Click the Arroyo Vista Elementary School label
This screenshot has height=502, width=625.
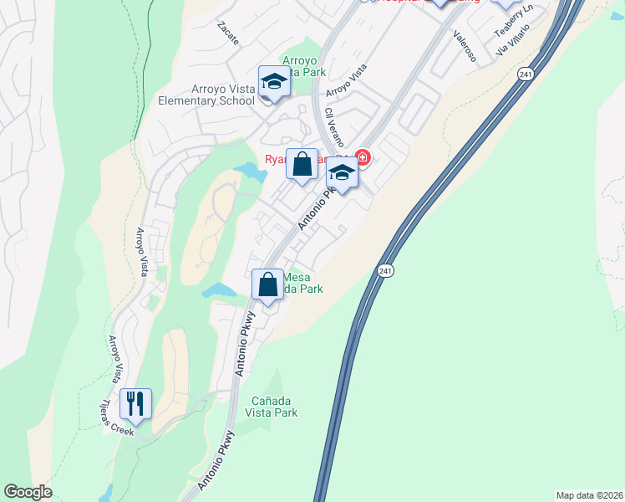206,94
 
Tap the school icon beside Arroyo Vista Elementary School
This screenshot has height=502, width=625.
273,82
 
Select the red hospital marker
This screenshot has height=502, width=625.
363,156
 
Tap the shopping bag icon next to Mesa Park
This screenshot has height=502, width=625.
267,284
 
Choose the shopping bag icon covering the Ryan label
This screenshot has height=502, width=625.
302,163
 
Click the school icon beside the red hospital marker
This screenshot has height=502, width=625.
341,173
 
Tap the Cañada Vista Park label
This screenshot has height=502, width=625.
274,407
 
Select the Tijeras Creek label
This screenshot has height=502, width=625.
114,415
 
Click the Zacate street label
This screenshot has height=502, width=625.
227,33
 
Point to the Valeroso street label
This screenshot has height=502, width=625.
465,47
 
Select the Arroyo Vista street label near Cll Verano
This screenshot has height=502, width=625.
346,80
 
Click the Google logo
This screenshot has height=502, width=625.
28,492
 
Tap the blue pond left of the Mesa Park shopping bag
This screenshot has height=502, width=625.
218,290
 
